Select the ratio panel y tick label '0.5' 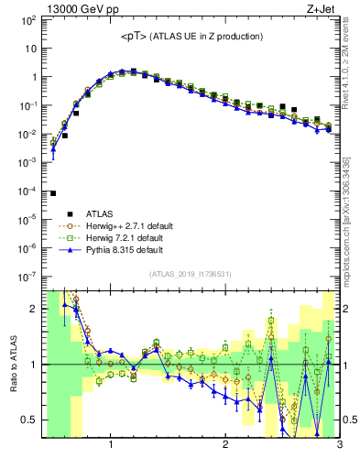(x=28, y=420)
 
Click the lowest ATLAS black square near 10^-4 (x=53, y=193)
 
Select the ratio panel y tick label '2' (x=33, y=309)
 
